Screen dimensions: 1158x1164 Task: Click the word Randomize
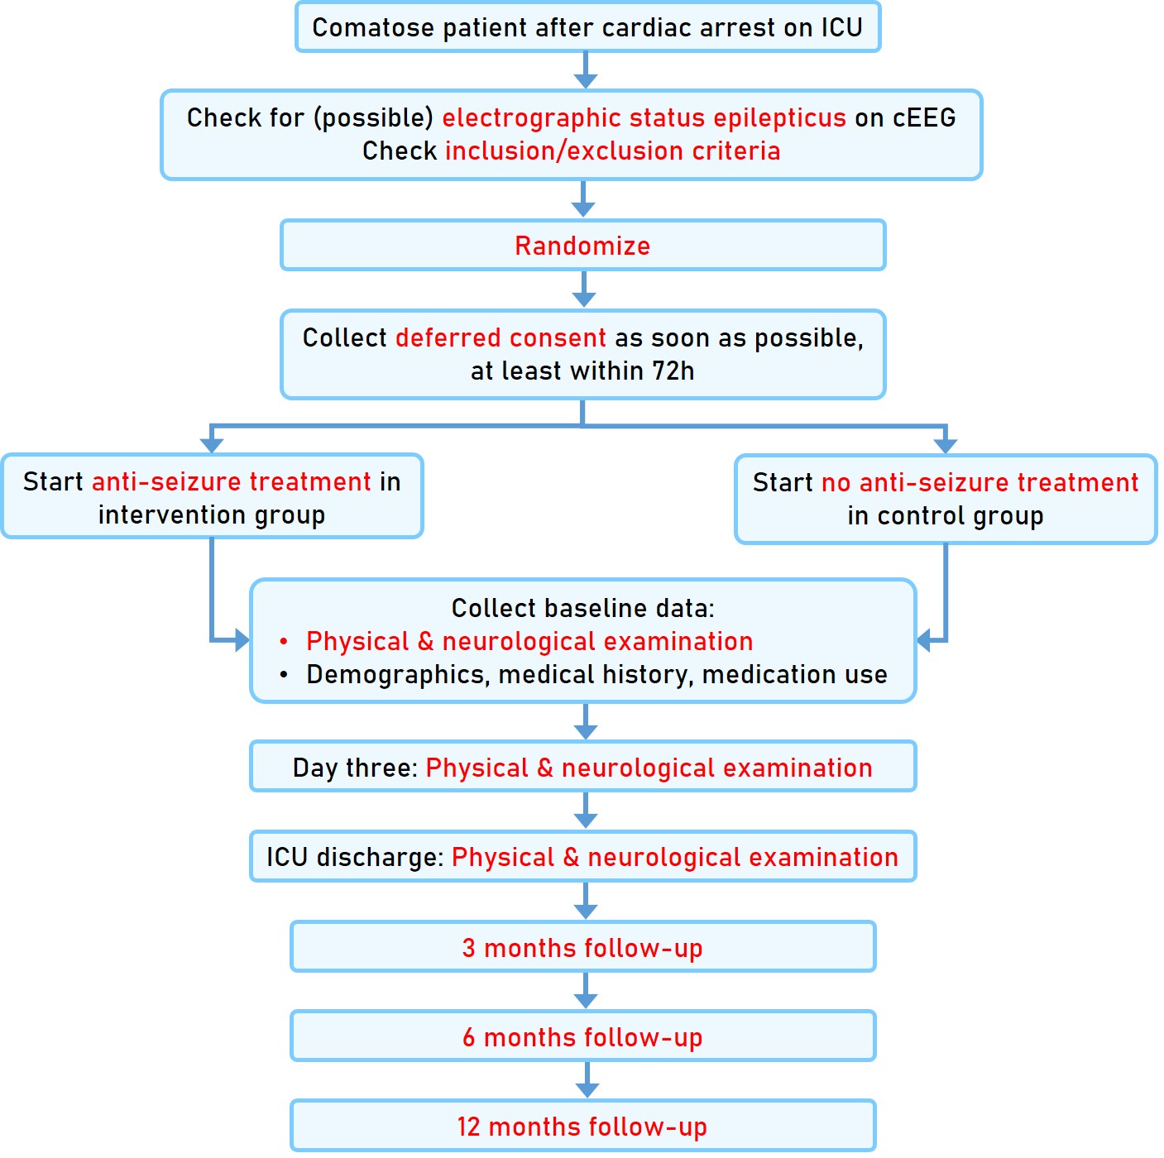[582, 246]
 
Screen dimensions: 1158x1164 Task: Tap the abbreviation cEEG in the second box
[924, 117]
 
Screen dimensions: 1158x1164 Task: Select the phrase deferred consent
[501, 337]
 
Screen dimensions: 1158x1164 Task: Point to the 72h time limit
[673, 371]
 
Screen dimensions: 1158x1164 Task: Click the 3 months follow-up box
[582, 947]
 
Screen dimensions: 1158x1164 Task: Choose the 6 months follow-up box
[582, 1036]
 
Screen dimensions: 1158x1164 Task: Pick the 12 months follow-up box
[582, 1126]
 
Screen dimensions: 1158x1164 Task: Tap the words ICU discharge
[355, 857]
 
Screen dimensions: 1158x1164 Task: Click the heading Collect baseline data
[582, 608]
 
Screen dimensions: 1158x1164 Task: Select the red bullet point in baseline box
[284, 642]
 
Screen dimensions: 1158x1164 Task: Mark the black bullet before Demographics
[284, 675]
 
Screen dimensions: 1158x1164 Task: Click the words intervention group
[212, 514]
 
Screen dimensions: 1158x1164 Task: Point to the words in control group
[945, 515]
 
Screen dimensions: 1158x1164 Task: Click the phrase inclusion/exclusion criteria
[612, 151]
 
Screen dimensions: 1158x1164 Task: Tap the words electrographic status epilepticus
[644, 117]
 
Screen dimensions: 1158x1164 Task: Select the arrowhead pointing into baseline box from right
[925, 640]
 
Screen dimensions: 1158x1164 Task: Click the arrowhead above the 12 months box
[587, 1089]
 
